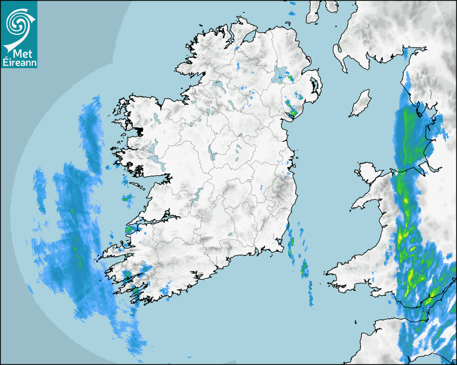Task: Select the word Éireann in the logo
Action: (19, 62)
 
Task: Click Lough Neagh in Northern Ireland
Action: (280, 74)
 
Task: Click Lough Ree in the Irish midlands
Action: (212, 154)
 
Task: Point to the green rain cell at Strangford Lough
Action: (293, 113)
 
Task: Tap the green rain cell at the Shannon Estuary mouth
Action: (129, 230)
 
